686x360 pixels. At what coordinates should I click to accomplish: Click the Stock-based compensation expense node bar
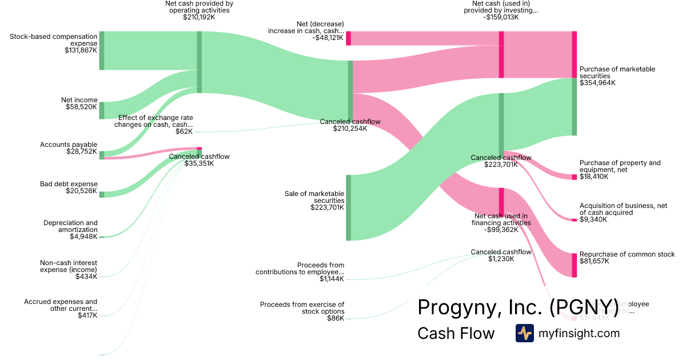pos(102,51)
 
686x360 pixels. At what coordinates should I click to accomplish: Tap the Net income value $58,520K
pos(81,107)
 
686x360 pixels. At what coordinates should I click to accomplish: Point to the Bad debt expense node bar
pos(102,194)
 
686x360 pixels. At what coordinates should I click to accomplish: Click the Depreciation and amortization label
pos(70,226)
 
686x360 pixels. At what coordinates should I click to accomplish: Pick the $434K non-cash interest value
pos(86,277)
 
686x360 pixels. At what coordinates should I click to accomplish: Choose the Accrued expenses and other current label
pos(61,305)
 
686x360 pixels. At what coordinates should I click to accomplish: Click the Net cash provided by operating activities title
pos(199,7)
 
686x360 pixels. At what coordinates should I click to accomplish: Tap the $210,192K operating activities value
pos(199,17)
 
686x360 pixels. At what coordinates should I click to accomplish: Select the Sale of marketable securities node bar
pos(348,207)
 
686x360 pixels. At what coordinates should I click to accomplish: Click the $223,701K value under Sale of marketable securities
pos(327,207)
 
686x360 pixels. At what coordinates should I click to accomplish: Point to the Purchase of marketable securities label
pos(617,73)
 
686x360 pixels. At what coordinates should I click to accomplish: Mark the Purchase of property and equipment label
pos(620,166)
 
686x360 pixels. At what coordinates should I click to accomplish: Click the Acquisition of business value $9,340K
pos(593,219)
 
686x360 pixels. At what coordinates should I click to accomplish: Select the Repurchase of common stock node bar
pos(574,265)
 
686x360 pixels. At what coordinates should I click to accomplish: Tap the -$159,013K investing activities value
pos(501,17)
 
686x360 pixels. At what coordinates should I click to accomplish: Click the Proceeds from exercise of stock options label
pos(302,308)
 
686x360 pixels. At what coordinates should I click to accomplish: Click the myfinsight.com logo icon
pos(524,333)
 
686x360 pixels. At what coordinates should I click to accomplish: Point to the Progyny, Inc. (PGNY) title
pos(518,307)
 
